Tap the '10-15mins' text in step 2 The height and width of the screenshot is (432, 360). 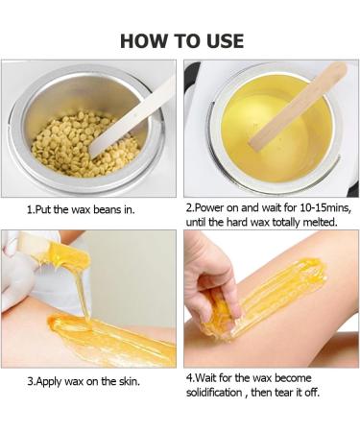pyautogui.click(x=313, y=206)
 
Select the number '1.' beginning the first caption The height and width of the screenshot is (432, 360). pyautogui.click(x=30, y=206)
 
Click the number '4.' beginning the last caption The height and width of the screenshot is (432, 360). pyautogui.click(x=189, y=376)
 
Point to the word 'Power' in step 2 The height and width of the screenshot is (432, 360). pyautogui.click(x=211, y=206)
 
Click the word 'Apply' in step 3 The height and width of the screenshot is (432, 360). pyautogui.click(x=50, y=381)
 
